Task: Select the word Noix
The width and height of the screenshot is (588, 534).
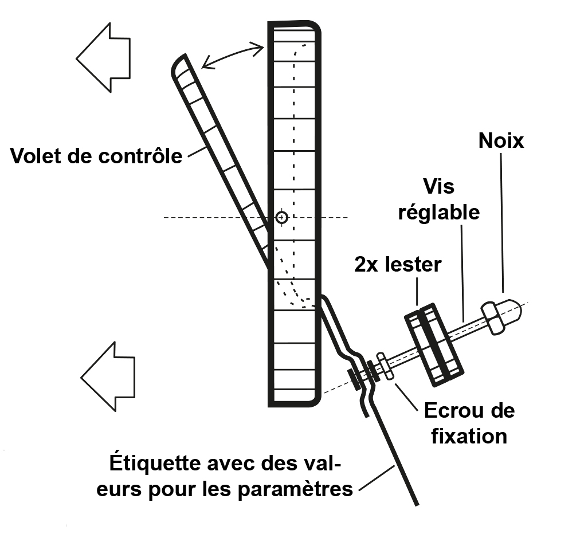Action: pos(501,141)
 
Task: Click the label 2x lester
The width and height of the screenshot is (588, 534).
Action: pos(398,265)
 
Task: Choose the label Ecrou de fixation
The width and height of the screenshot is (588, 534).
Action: pos(469,423)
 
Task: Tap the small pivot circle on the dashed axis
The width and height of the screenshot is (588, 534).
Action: pos(281,217)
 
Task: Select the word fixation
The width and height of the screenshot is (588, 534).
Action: pos(469,436)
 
